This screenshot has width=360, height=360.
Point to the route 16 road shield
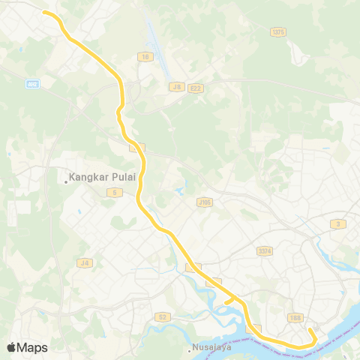143,56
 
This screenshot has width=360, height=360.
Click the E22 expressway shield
196,88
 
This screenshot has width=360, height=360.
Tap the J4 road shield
84,262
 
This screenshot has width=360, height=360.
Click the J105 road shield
205,202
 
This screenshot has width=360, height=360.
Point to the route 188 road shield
295,319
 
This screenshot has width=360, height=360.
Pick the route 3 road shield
340,223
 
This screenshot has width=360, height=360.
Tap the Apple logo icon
11,347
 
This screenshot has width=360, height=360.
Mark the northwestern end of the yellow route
44,12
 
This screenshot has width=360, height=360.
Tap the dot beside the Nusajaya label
189,348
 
